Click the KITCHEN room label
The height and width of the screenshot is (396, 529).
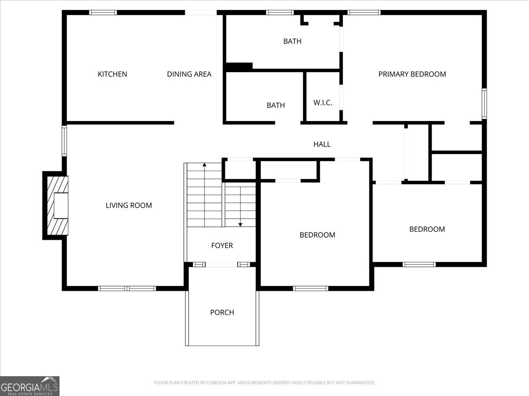[112, 74]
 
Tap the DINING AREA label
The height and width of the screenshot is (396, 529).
[189, 74]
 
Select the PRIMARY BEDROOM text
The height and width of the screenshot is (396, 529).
[412, 74]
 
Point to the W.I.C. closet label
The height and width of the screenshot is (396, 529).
[323, 103]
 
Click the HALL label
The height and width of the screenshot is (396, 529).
[322, 144]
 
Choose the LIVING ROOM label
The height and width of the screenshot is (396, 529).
[129, 205]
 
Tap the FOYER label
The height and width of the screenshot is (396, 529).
[222, 246]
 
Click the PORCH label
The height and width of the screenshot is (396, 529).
[222, 312]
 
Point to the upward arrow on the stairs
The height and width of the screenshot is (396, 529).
[205, 165]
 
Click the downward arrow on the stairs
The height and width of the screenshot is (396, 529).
[240, 224]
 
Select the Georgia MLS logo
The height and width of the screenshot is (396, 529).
[30, 386]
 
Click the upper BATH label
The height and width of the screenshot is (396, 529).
[292, 41]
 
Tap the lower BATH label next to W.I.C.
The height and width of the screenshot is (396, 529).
[276, 105]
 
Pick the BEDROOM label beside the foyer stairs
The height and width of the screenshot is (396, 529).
[317, 235]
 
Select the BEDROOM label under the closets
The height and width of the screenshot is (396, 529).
[427, 229]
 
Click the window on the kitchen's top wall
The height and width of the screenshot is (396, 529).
[103, 12]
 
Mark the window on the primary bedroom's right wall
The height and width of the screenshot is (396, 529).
[484, 103]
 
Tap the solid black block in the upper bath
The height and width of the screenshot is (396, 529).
[239, 66]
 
